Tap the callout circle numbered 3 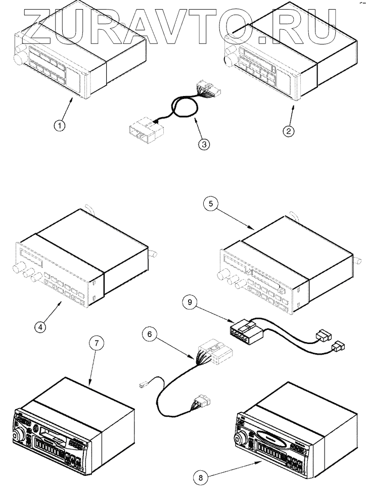pyautogui.click(x=204, y=144)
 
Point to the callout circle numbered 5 pyautogui.click(x=211, y=205)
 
